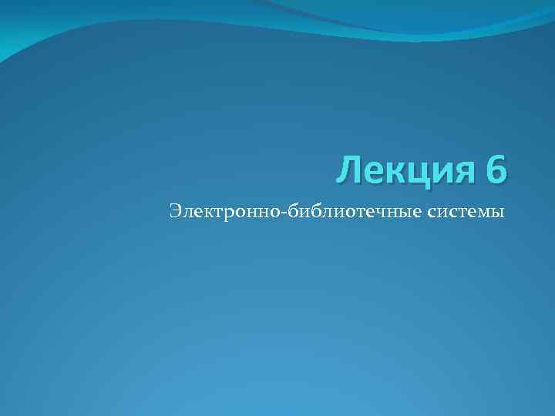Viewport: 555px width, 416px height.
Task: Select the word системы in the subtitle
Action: coord(465,211)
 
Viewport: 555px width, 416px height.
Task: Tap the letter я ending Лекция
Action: coord(462,171)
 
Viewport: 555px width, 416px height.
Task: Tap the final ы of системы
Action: coord(496,212)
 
